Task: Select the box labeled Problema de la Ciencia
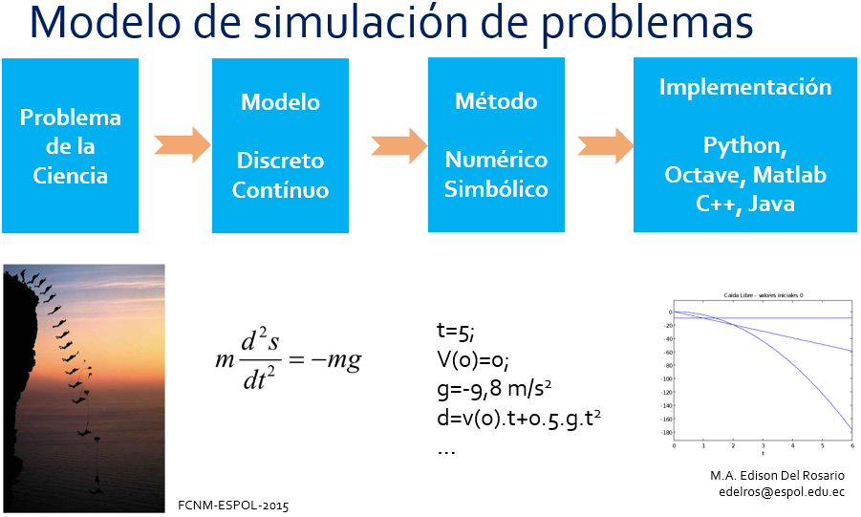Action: click(71, 146)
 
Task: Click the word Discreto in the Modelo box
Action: click(281, 161)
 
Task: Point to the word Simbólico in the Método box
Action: click(496, 189)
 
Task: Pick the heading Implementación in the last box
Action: click(745, 88)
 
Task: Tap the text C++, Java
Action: click(745, 204)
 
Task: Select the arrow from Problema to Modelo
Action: click(182, 145)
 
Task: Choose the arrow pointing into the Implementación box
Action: click(604, 145)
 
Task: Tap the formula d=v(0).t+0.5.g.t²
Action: click(523, 418)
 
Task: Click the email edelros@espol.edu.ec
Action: click(782, 491)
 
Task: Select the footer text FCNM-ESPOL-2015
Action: click(233, 504)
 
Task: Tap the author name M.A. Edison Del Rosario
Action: click(777, 475)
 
